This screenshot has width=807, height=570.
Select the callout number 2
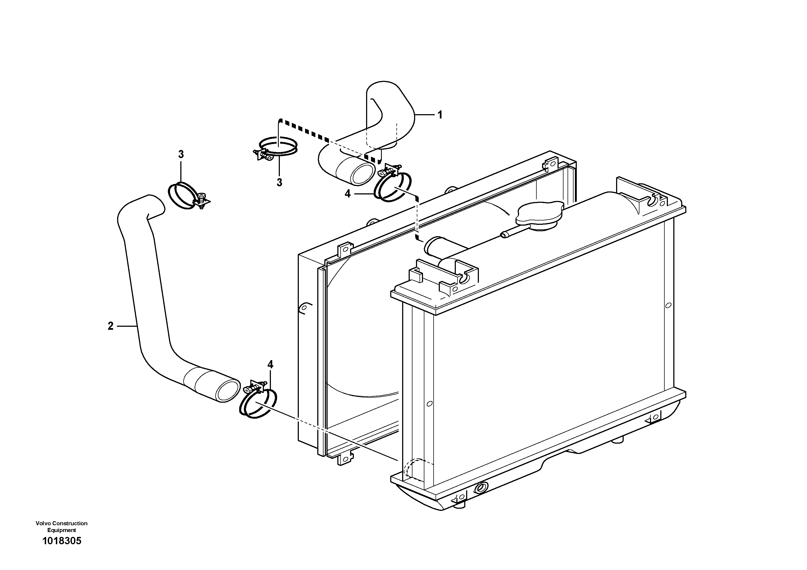coord(111,326)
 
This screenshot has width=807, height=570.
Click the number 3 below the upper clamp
coord(279,182)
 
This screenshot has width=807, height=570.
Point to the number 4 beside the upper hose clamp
coord(348,194)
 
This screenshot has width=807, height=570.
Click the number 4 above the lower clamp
coord(270,364)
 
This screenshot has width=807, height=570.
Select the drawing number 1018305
coord(62,541)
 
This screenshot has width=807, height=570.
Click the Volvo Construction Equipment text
coord(62,526)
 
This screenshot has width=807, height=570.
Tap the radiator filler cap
coord(539,213)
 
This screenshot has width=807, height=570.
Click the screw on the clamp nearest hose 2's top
coord(202,199)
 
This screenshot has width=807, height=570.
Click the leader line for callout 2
coord(126,326)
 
